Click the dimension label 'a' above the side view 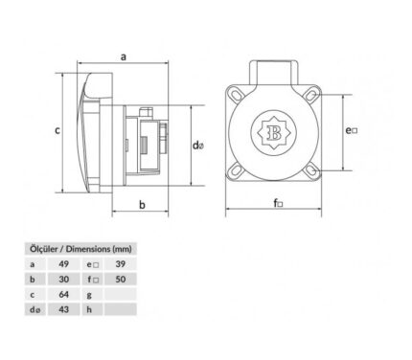coord(124,57)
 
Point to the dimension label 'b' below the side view coord(142,205)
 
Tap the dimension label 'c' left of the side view coord(57,130)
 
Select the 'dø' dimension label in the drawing coord(198,146)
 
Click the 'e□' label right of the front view coord(352,130)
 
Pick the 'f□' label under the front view coord(278,203)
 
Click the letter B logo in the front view coord(274,132)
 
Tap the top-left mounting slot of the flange coord(237,95)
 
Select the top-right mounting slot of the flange coord(310,95)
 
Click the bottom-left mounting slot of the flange coord(237,169)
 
